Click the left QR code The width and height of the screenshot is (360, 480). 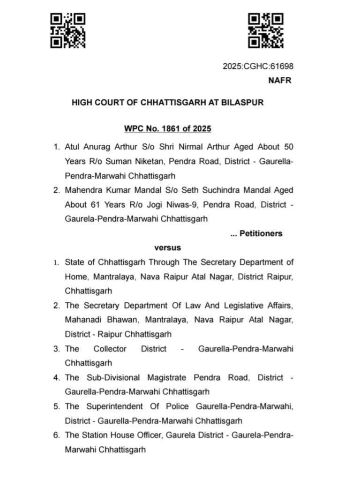(x=68, y=31)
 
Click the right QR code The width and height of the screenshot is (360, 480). (x=266, y=31)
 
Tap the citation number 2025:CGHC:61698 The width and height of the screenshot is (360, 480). (x=258, y=67)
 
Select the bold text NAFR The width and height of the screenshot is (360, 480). (x=279, y=80)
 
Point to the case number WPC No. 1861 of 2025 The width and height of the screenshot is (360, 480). (x=167, y=128)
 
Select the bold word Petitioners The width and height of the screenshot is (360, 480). (x=261, y=233)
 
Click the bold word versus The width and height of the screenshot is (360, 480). (x=167, y=247)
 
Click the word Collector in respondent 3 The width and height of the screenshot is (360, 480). (x=110, y=349)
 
